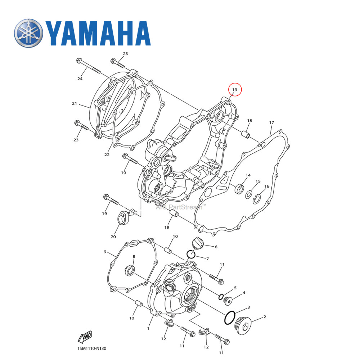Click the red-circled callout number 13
[x=235, y=89]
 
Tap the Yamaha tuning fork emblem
[x=29, y=33]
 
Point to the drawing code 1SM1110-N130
[x=92, y=348]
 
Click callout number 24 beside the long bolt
[x=80, y=79]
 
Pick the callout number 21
[x=75, y=104]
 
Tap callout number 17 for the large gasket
[x=272, y=123]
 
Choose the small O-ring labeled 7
[x=191, y=255]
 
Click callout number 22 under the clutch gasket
[x=107, y=155]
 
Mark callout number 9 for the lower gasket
[x=105, y=252]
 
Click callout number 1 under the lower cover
[x=148, y=328]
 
